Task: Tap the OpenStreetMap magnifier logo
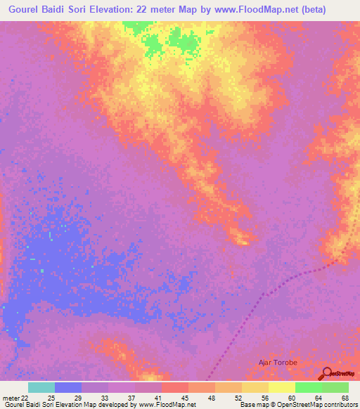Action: tap(326, 374)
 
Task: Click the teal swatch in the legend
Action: tap(41, 387)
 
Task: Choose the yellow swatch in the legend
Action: tap(282, 387)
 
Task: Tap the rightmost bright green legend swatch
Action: tap(335, 387)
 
